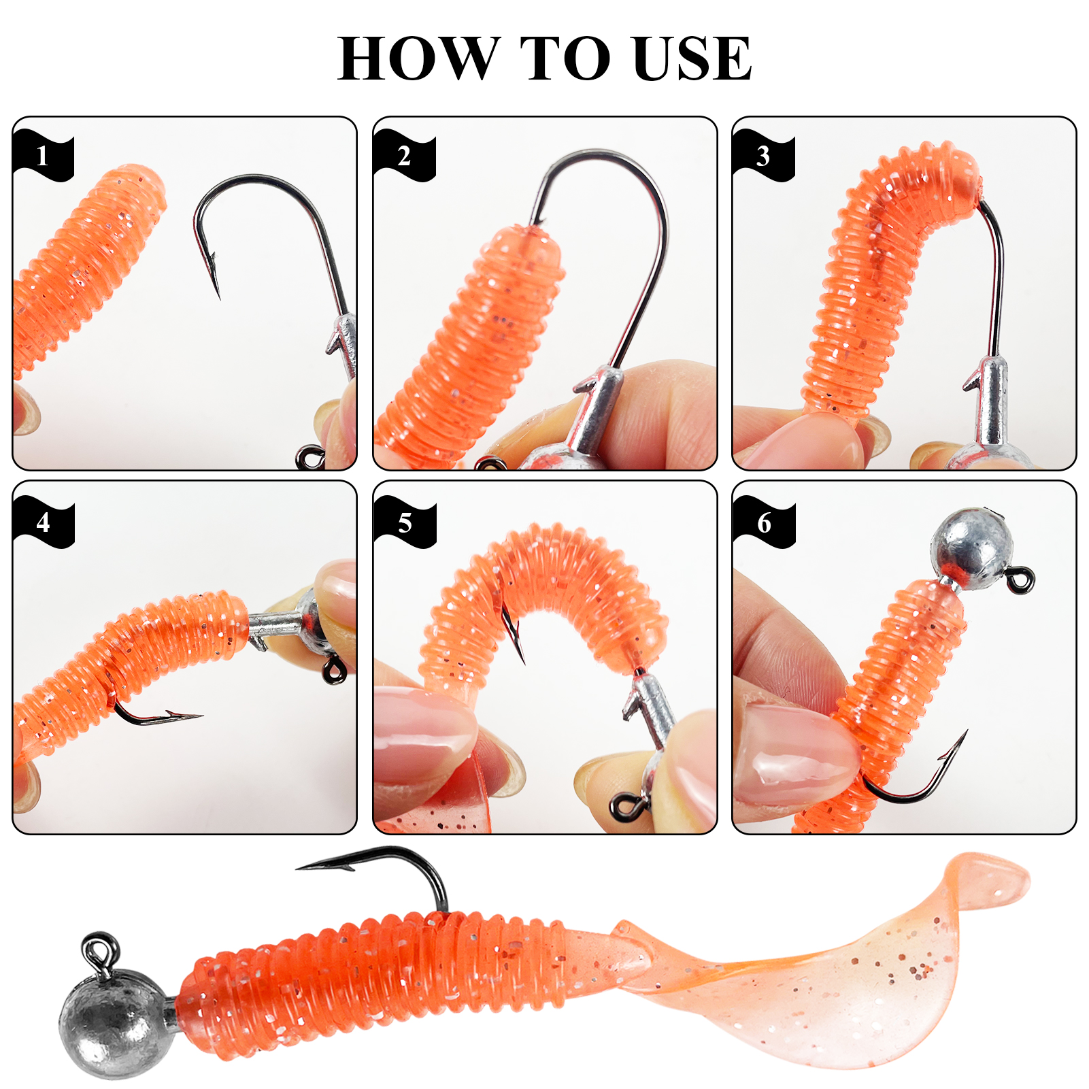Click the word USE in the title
[x=691, y=58]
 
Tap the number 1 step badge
[x=42, y=156]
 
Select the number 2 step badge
[x=403, y=156]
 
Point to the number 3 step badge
[x=763, y=156]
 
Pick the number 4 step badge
[x=43, y=522]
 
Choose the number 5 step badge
[x=405, y=522]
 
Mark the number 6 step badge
[x=765, y=522]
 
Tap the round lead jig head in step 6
[x=971, y=544]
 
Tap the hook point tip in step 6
[x=965, y=733]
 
